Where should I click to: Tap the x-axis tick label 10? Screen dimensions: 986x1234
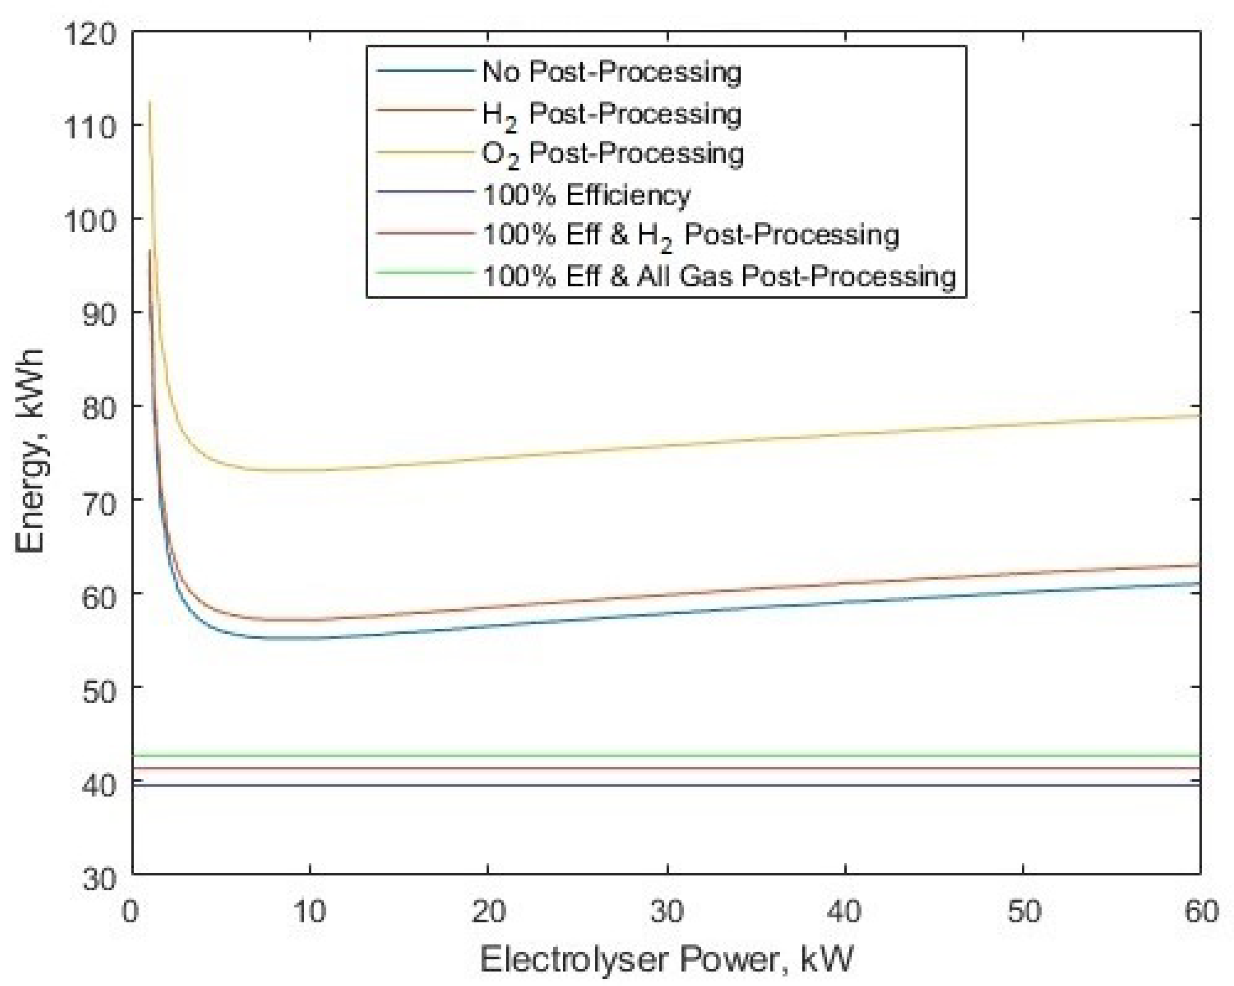point(309,911)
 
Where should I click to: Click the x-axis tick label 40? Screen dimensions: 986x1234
point(845,911)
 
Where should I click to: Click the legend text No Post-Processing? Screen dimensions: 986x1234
point(611,72)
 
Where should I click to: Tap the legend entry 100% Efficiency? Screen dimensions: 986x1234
point(587,195)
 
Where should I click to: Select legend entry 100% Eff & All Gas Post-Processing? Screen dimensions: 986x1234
point(719,277)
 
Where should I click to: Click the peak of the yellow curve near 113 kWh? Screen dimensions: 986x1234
point(150,102)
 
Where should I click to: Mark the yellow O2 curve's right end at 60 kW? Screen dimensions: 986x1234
point(1198,416)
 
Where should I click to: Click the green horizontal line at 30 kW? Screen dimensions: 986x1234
point(667,756)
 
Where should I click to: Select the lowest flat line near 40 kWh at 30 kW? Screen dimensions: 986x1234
point(667,785)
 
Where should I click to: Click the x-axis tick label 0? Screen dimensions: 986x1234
point(131,911)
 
